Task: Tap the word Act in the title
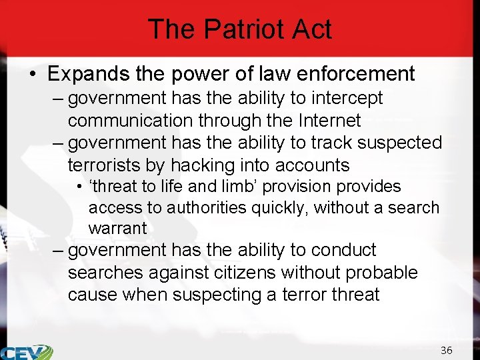[x=313, y=29]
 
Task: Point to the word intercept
[x=344, y=99]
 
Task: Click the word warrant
[x=117, y=228]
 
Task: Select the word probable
[x=383, y=273]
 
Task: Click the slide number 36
[x=446, y=350]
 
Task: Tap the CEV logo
[x=27, y=352]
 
